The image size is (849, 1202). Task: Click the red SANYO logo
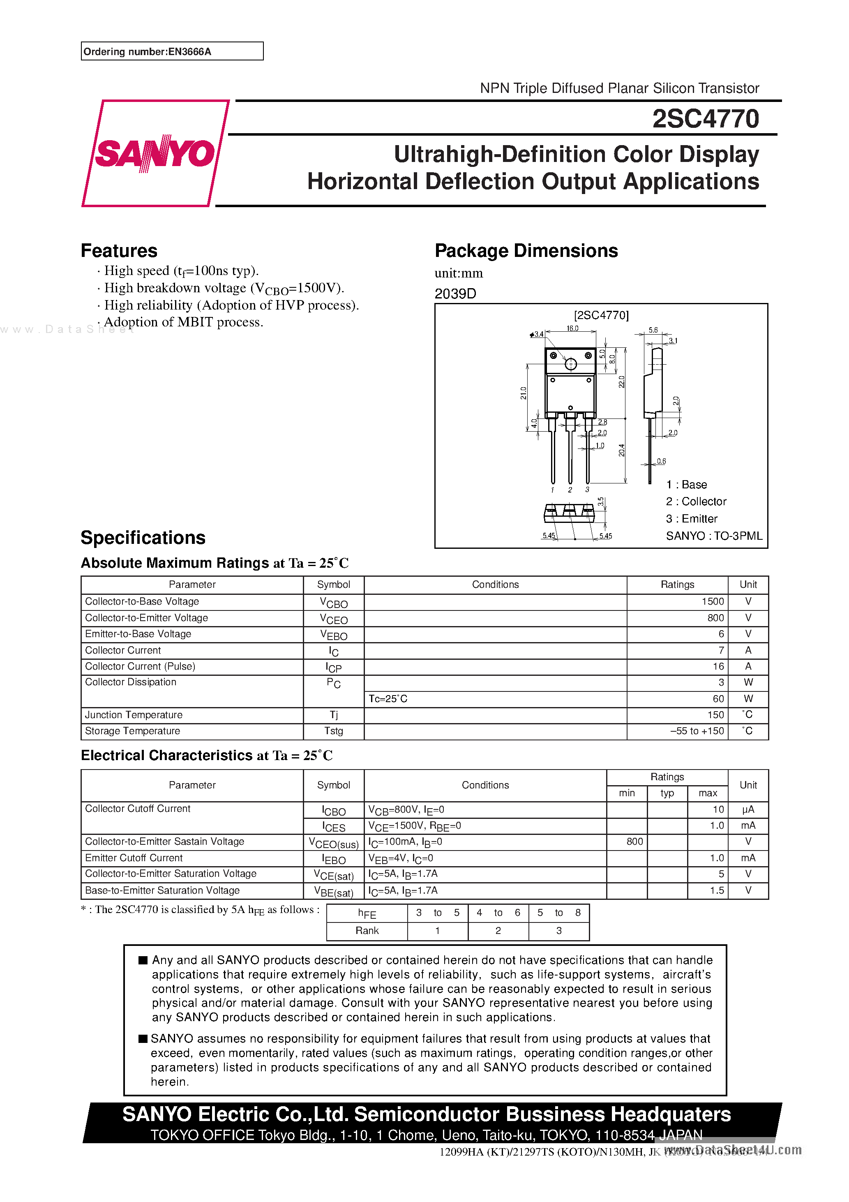click(x=155, y=153)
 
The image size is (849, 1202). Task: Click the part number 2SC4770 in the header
click(x=705, y=118)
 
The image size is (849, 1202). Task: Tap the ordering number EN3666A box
click(x=172, y=51)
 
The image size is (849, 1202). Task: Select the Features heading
click(x=119, y=251)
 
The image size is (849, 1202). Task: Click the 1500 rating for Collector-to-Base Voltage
click(x=713, y=601)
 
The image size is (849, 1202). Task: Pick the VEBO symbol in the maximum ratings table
click(x=333, y=635)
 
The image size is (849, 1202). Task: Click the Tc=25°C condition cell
click(x=388, y=699)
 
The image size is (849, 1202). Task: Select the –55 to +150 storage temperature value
click(x=697, y=731)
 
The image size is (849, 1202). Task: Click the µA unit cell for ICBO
click(x=747, y=810)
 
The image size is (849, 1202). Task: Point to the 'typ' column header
click(x=667, y=793)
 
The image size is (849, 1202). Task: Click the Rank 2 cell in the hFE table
click(x=498, y=931)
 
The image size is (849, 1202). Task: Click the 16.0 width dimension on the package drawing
click(x=572, y=328)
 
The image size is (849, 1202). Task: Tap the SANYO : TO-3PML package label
click(x=713, y=536)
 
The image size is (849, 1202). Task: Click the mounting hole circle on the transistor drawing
click(x=570, y=364)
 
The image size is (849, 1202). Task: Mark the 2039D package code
click(x=455, y=294)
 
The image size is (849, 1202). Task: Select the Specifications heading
click(x=143, y=538)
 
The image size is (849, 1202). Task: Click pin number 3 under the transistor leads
click(x=587, y=490)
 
